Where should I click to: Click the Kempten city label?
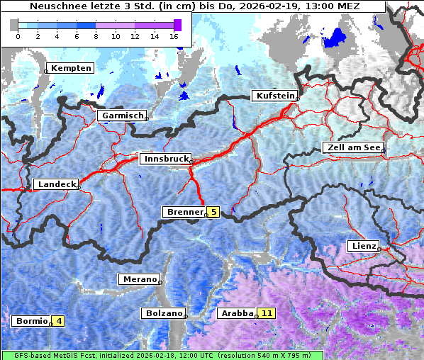point(69,68)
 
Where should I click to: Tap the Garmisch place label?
point(122,116)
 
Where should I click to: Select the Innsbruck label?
point(165,159)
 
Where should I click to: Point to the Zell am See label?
point(352,148)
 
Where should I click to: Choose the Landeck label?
point(55,184)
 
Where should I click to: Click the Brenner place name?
point(184,212)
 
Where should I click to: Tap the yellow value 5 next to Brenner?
point(213,212)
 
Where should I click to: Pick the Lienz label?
point(363,246)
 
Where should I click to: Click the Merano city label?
point(138,279)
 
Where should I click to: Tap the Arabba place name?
point(237,313)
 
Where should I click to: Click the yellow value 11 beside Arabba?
point(267,313)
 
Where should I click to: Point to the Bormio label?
point(30,321)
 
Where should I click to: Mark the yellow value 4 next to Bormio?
point(59,321)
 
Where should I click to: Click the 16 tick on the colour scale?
point(174,36)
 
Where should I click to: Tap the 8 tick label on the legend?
point(96,36)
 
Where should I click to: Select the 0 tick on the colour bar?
point(18,36)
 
